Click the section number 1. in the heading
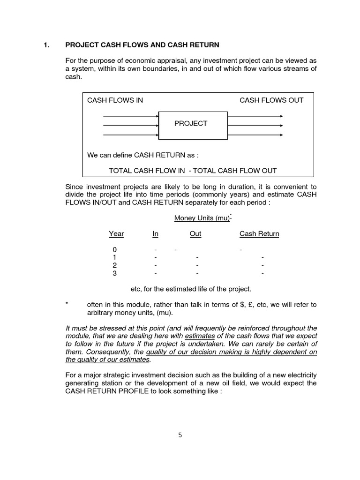46,45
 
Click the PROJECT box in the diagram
193,124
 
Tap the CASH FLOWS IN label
115,100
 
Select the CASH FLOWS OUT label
271,100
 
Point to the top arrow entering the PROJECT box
131,116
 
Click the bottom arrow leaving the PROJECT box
255,135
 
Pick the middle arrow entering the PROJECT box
131,125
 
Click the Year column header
116,234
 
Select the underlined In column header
156,234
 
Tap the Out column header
195,234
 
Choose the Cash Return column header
259,234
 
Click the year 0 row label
114,250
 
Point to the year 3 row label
114,273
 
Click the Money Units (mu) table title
202,218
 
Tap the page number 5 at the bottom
180,435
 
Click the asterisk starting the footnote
67,305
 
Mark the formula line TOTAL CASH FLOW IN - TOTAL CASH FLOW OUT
193,171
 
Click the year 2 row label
114,265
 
